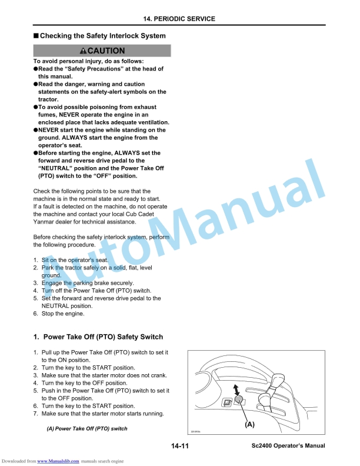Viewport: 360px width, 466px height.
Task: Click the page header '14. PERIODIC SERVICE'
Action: point(179,19)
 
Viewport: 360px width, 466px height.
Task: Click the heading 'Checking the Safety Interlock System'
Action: point(103,36)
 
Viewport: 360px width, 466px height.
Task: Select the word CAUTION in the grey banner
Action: point(106,51)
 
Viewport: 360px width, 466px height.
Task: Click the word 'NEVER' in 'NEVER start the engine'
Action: point(51,130)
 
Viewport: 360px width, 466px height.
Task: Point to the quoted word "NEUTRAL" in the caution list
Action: point(56,168)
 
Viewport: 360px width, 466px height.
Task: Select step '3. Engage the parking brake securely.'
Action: point(84,283)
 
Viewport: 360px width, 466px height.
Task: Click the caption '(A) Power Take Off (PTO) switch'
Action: point(87,428)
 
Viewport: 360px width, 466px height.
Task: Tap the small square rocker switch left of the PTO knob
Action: point(226,403)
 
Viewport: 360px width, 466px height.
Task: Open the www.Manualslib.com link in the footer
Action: point(58,460)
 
